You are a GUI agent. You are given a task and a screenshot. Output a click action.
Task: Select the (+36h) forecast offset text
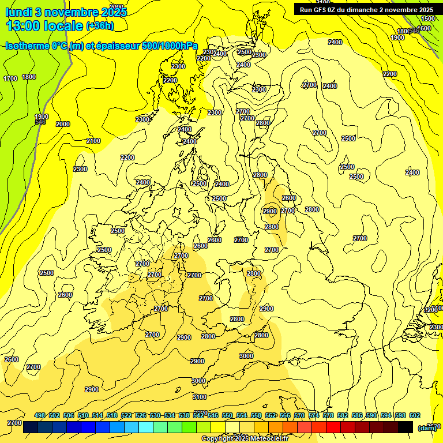click(100, 25)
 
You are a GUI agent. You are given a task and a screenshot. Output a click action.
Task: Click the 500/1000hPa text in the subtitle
click(170, 46)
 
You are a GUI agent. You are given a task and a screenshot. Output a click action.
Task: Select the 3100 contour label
click(200, 397)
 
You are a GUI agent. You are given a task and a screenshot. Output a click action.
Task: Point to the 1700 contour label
click(10, 78)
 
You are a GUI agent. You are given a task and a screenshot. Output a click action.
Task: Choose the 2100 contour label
click(93, 141)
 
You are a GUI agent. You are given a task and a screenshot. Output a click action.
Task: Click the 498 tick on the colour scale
click(40, 415)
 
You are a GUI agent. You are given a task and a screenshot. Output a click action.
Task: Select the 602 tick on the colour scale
click(414, 415)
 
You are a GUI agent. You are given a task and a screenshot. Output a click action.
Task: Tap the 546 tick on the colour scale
click(213, 415)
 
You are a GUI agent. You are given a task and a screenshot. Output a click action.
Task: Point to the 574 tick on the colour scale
click(314, 415)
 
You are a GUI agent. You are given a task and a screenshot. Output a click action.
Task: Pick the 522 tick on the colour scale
click(126, 415)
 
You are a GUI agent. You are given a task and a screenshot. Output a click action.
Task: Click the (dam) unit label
click(426, 427)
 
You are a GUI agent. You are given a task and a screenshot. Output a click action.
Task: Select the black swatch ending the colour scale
click(406, 427)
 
